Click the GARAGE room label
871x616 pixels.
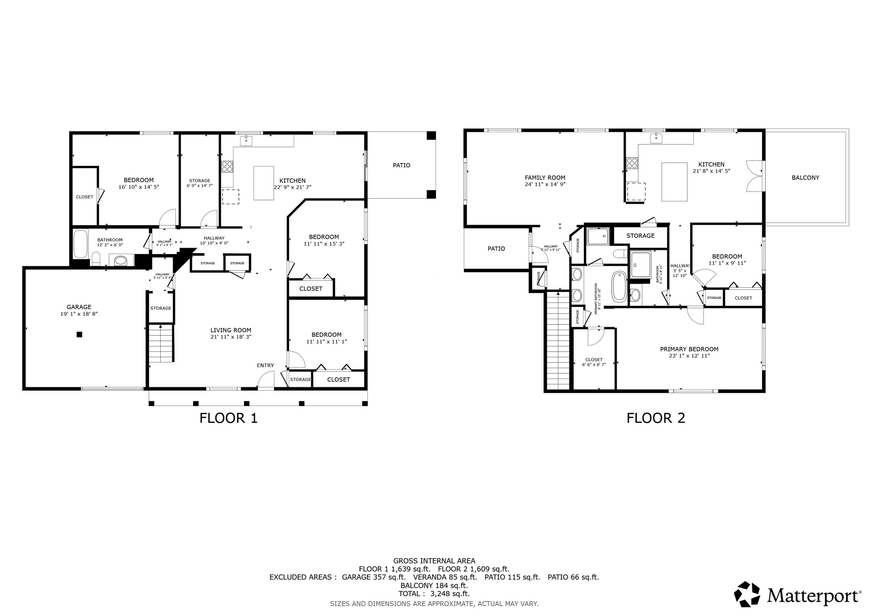[x=79, y=307]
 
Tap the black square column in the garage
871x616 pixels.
[x=79, y=334]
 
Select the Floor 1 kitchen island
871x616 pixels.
[x=264, y=183]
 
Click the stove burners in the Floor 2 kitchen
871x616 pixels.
[x=632, y=163]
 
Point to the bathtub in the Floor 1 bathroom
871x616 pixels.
[x=80, y=244]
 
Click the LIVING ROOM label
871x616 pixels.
[x=231, y=330]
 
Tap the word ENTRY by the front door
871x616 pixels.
[x=265, y=365]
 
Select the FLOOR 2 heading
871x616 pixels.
[x=656, y=418]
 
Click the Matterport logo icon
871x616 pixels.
[x=746, y=594]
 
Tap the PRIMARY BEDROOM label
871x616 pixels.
[x=689, y=349]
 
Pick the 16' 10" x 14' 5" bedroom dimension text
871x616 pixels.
[x=138, y=187]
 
